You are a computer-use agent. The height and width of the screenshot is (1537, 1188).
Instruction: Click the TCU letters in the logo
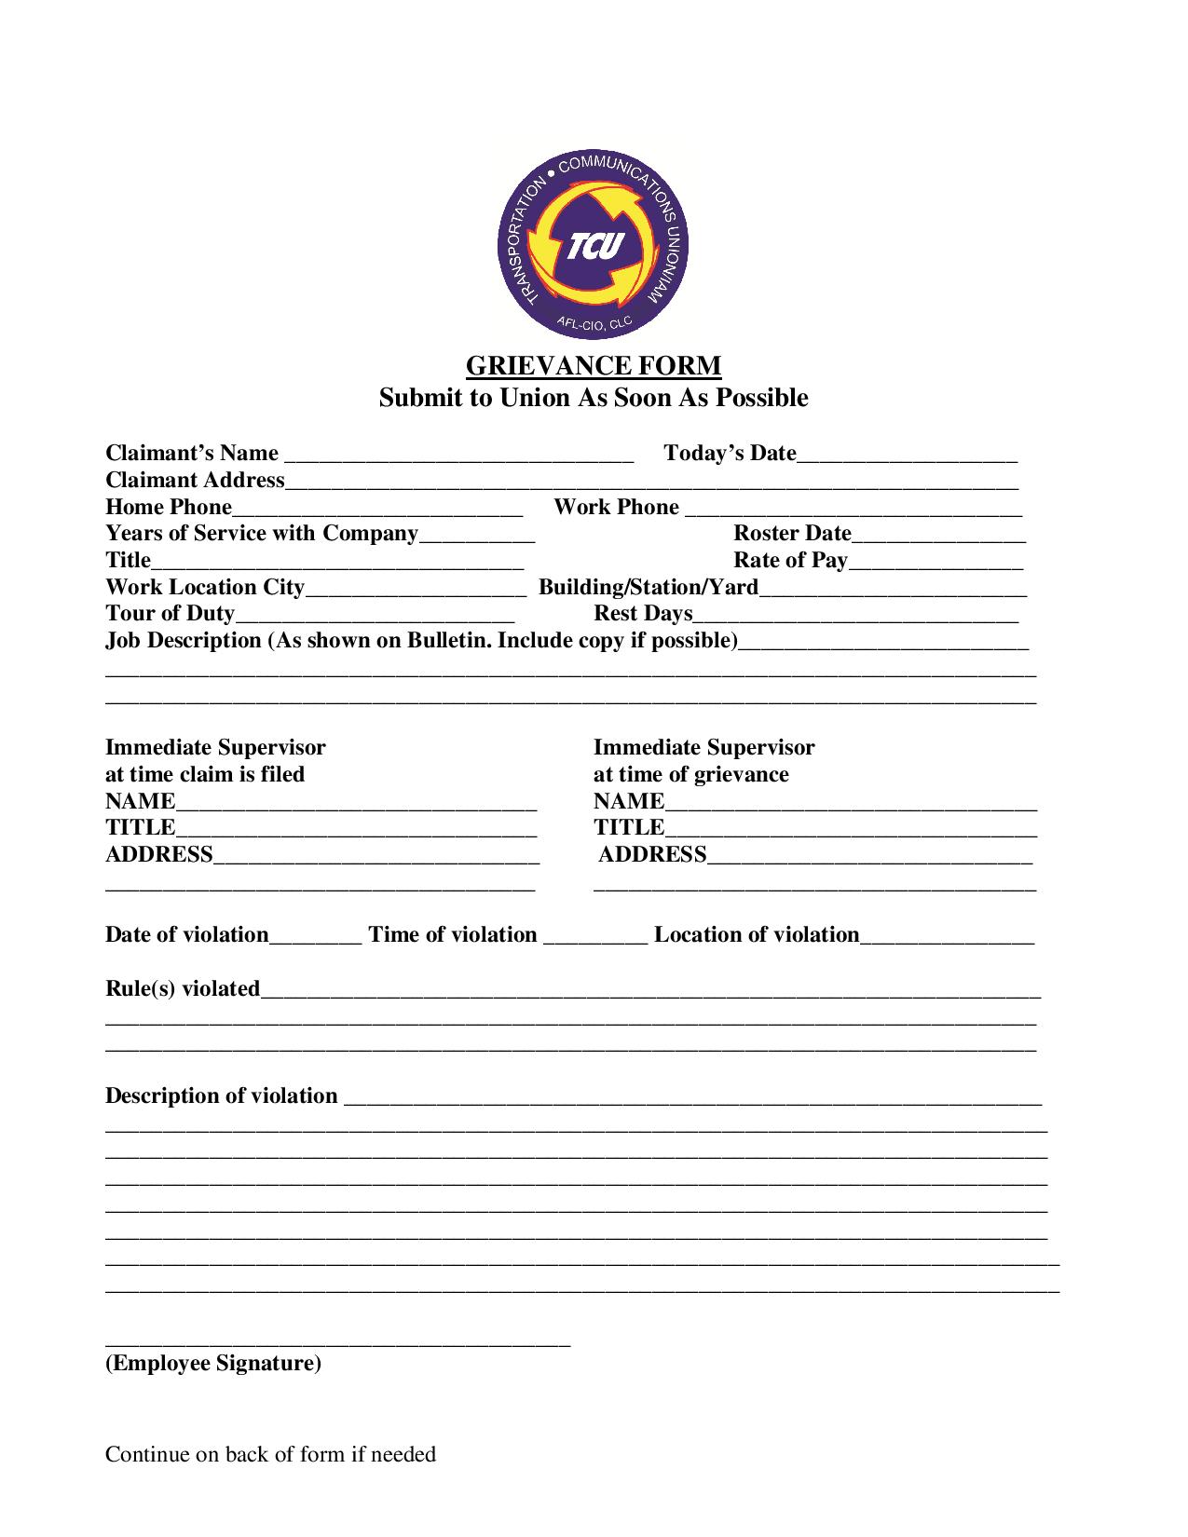(x=593, y=247)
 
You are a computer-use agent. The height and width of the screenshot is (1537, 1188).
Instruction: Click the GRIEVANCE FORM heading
(x=594, y=365)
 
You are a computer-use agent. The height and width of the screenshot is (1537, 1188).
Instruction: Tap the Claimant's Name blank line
(x=458, y=456)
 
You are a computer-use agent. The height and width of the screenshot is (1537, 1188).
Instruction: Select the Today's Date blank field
(x=907, y=456)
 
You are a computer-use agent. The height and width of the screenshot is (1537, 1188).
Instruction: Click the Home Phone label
(x=169, y=507)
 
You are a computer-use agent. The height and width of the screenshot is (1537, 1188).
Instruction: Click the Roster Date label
(x=792, y=533)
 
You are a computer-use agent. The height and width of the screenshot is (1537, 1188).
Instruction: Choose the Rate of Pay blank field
(x=935, y=562)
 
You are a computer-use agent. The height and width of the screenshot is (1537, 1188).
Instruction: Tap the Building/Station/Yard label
(x=649, y=587)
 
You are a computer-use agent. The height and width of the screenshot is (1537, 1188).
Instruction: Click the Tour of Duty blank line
(x=375, y=615)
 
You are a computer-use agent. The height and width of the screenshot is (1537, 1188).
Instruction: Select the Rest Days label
(x=643, y=613)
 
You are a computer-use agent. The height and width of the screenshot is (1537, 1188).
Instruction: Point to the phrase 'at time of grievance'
(x=690, y=774)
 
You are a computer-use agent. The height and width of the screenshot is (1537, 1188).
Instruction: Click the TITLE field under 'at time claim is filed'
(x=356, y=829)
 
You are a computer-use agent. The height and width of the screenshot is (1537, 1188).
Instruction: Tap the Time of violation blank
(x=594, y=937)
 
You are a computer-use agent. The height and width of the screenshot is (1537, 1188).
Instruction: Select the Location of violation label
(x=757, y=934)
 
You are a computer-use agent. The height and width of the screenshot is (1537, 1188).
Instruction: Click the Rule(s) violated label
(x=183, y=988)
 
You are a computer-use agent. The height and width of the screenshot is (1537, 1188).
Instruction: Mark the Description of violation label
(x=221, y=1095)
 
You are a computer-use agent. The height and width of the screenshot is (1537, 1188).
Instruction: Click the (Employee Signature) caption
(x=213, y=1364)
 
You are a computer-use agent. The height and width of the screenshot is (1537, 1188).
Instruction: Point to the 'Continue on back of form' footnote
(x=270, y=1454)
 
